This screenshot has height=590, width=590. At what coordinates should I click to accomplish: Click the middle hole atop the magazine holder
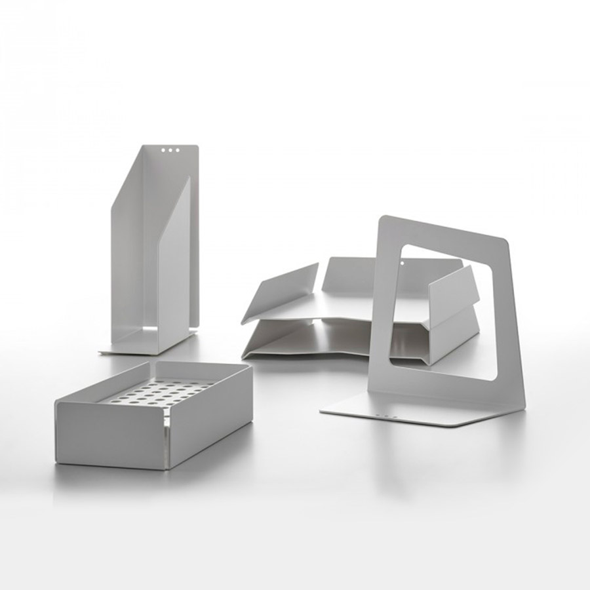coord(170,150)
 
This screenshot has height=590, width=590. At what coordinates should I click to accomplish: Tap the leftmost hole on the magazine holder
coord(162,150)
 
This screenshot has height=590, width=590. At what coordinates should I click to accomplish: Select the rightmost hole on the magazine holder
coord(178,150)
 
